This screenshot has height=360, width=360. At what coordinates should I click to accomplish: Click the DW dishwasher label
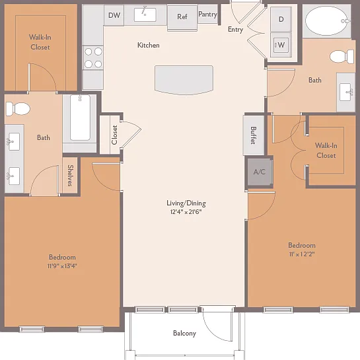[114, 15]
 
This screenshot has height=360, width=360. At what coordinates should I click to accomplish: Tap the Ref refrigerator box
[182, 18]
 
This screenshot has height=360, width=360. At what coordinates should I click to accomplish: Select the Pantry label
[208, 15]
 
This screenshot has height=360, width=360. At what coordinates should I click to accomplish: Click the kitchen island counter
[184, 80]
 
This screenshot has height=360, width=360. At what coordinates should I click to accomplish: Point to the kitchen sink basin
[145, 15]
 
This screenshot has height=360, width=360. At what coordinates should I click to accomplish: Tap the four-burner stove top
[93, 58]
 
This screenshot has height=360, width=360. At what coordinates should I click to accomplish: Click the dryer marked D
[281, 19]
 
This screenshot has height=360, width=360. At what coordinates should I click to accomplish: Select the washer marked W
[281, 45]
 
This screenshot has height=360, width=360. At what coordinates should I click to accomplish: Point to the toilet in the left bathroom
[18, 108]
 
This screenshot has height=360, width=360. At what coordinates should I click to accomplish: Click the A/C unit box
[260, 172]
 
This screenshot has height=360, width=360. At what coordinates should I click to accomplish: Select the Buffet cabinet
[254, 135]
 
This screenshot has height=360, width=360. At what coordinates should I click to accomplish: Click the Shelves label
[70, 176]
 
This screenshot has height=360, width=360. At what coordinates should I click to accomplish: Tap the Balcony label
[184, 333]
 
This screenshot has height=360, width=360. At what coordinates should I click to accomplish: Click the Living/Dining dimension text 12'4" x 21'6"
[186, 211]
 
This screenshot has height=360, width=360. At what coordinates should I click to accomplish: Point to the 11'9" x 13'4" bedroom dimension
[62, 266]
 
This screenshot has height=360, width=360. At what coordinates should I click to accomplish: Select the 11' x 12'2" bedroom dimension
[302, 254]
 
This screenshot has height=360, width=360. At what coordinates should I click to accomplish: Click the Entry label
[236, 29]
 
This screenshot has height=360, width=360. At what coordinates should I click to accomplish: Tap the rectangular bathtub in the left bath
[80, 118]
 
